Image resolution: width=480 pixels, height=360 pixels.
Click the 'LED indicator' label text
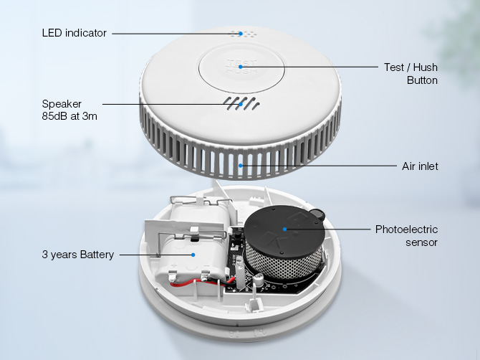click(x=74, y=33)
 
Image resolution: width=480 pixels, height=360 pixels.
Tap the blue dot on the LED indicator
click(x=241, y=34)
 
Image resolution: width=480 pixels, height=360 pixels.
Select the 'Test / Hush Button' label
click(x=411, y=74)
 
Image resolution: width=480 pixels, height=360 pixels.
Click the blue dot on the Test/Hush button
click(x=241, y=67)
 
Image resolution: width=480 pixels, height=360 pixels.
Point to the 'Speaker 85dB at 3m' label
click(x=69, y=110)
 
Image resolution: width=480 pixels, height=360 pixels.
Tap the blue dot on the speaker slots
click(x=241, y=104)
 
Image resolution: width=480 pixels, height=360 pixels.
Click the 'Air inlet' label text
click(x=420, y=166)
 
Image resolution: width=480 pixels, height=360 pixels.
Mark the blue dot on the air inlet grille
click(x=241, y=166)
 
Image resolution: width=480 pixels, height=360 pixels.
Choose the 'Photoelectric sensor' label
click(x=406, y=236)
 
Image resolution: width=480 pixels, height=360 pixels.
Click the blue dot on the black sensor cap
click(x=284, y=229)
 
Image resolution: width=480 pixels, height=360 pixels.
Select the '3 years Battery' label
click(x=78, y=255)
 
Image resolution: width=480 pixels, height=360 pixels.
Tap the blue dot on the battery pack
click(x=193, y=255)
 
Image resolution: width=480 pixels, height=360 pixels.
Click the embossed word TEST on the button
click(x=241, y=63)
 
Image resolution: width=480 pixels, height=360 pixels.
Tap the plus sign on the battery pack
click(x=175, y=265)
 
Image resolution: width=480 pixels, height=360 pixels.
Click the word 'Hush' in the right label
click(x=426, y=67)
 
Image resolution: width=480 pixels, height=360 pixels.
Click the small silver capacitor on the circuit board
click(x=260, y=279)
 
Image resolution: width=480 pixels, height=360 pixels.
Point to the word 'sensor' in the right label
click(x=421, y=242)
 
